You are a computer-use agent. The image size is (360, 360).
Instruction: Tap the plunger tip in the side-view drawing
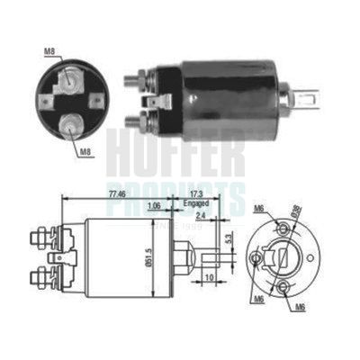point(211,255)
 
